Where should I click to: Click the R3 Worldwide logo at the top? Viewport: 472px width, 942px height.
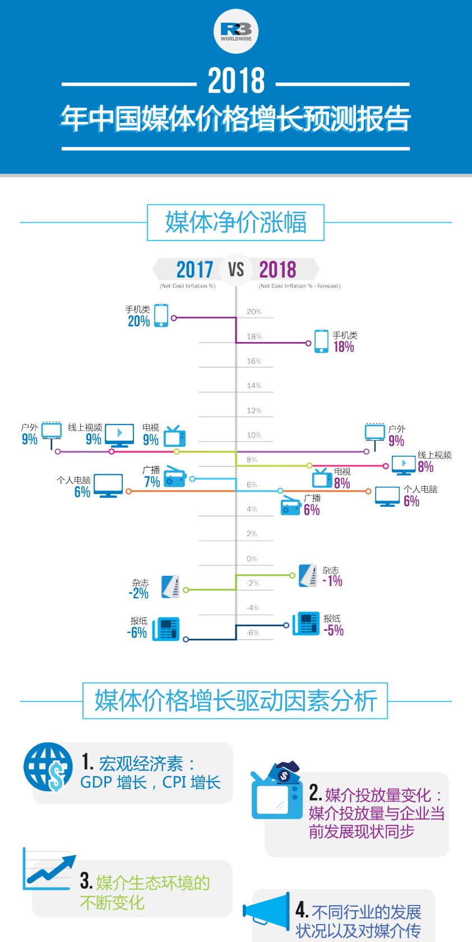tap(236, 31)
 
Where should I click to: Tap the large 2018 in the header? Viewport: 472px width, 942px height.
tap(236, 81)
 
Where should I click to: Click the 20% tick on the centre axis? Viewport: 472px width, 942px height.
tap(254, 312)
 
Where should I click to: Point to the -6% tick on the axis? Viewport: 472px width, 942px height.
tap(253, 632)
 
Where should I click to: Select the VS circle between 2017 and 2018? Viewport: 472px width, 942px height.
tap(236, 270)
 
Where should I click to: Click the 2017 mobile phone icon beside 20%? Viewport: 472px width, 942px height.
tap(161, 316)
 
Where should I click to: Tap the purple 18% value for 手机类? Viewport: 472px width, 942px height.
tap(344, 347)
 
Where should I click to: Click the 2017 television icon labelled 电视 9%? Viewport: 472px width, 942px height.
tap(174, 436)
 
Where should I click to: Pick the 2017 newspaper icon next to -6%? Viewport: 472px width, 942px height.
tap(166, 629)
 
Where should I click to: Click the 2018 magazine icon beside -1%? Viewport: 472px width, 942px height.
tap(308, 575)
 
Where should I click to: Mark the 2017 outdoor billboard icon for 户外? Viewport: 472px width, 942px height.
tap(52, 433)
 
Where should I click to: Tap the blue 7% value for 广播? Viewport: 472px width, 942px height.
tap(152, 482)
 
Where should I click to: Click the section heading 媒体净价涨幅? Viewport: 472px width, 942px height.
tap(235, 223)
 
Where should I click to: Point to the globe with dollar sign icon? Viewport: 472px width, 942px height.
tap(48, 766)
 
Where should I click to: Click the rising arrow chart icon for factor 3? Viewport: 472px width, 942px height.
tap(49, 870)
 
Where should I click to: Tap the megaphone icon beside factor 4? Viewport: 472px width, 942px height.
tap(267, 909)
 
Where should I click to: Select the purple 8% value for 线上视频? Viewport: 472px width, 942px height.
tap(425, 467)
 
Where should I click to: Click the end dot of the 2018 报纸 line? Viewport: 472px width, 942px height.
tap(286, 625)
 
